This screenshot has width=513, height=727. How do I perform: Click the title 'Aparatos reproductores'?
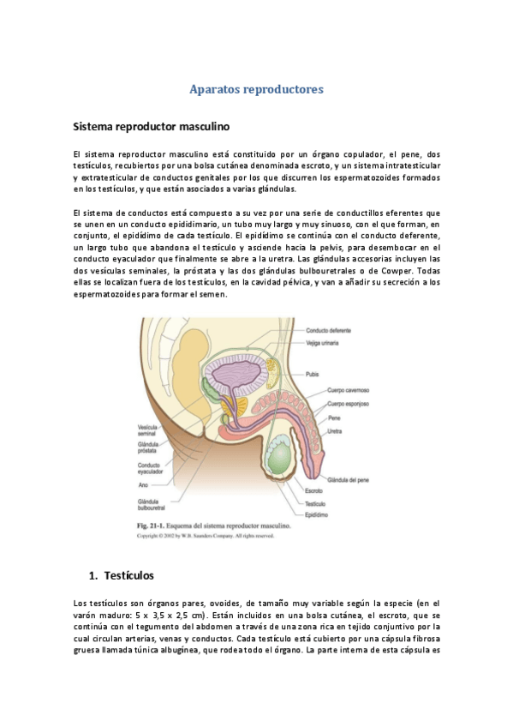point(256,88)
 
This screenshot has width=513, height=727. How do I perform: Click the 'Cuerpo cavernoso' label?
point(347,390)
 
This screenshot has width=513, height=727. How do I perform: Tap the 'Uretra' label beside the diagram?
point(336,430)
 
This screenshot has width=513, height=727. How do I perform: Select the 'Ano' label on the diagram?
point(142,485)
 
